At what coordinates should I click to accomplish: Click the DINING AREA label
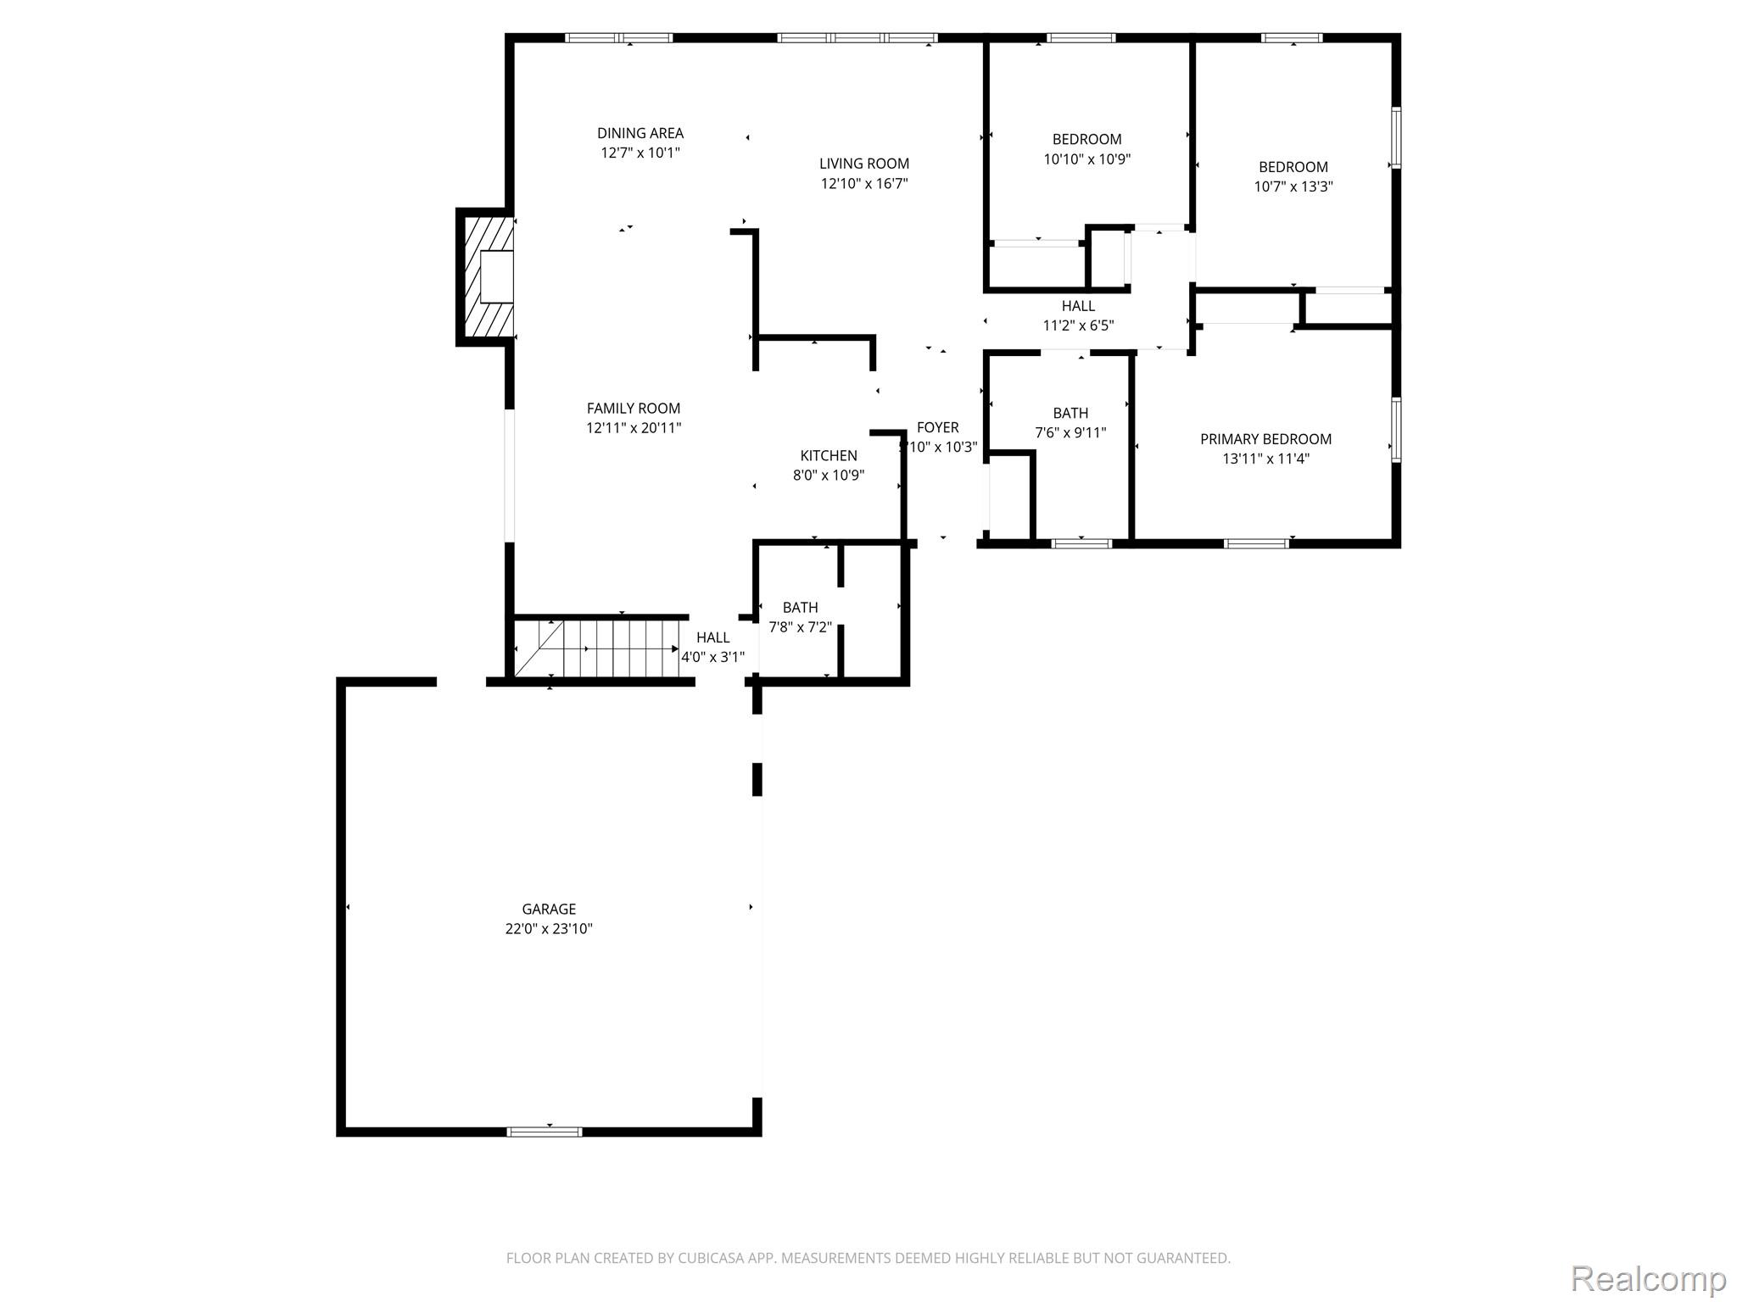pos(640,133)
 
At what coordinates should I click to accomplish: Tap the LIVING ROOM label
pos(864,164)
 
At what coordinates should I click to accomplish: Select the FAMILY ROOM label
pos(634,409)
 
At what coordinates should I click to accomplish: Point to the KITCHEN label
pos(829,456)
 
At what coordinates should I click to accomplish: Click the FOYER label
pos(938,428)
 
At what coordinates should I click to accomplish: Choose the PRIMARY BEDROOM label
pos(1265,439)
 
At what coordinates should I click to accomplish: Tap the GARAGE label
pos(549,910)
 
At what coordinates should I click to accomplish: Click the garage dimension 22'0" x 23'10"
pos(549,929)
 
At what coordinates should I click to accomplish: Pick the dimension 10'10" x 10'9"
pos(1087,159)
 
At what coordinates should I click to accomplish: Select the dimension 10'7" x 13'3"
pos(1293,187)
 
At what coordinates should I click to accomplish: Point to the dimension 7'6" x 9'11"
pos(1070,433)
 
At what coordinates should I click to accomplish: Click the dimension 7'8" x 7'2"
pos(800,628)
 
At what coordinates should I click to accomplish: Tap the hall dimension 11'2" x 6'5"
pos(1078,325)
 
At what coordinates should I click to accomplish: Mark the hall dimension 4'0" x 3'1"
pos(712,657)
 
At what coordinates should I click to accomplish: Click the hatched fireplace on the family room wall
pos(486,277)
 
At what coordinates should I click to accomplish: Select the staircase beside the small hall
pos(597,648)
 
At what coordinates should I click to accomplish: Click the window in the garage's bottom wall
pos(545,1132)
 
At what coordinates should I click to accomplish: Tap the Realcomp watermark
pos(1648,1278)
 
